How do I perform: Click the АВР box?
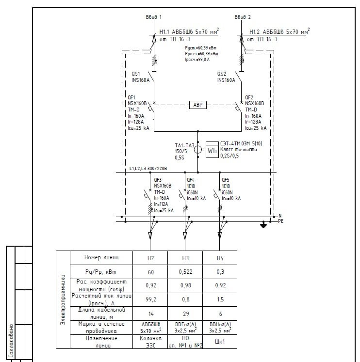197,104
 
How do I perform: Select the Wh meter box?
213,150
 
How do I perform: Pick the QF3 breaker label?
158,180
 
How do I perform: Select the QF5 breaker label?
225,180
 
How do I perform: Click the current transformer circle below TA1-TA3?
198,150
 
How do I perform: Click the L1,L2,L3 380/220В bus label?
148,169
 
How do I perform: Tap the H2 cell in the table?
150,258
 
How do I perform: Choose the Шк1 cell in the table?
219,341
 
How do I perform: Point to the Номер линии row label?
101,258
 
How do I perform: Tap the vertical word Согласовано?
11,339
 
